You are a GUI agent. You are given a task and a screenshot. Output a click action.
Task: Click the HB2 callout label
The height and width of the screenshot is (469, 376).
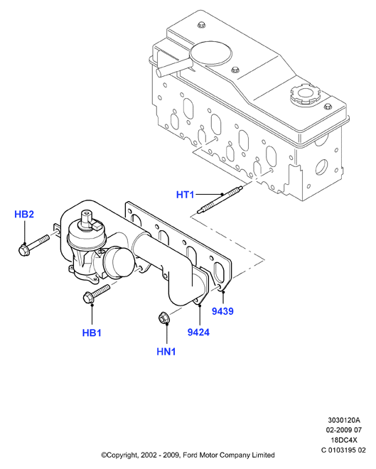24,214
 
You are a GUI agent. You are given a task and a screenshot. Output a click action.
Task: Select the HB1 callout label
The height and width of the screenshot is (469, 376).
92,333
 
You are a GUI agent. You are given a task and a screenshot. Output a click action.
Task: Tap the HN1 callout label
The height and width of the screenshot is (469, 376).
166,352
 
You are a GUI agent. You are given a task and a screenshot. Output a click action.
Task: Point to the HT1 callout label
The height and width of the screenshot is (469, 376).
186,195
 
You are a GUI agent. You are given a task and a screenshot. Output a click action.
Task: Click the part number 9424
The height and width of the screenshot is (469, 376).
198,332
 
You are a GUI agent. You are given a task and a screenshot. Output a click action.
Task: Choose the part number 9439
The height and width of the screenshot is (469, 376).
222,311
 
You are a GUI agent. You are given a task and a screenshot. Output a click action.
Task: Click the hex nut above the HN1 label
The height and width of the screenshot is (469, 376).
163,318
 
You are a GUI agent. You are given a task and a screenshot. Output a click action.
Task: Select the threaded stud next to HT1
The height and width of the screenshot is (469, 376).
220,200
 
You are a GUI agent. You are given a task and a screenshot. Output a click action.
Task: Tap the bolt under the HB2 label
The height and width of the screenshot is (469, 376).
33,246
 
